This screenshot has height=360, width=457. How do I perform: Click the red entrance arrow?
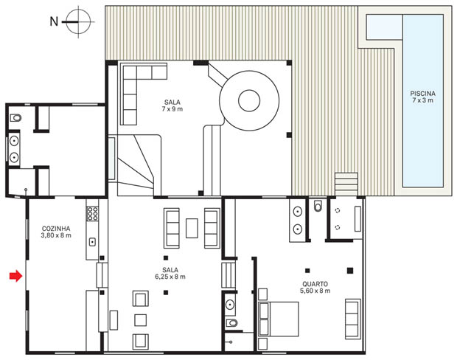[x=15, y=276]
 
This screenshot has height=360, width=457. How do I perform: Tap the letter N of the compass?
[x=55, y=21]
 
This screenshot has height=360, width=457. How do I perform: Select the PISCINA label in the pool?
[x=422, y=94]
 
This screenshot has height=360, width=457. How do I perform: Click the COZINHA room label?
[x=56, y=229]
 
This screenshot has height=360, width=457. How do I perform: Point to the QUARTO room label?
[x=315, y=284]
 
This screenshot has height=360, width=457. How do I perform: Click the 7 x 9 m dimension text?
[x=172, y=109]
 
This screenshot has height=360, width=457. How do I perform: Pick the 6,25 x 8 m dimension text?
[x=170, y=277]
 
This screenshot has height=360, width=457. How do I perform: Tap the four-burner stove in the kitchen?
[x=93, y=213]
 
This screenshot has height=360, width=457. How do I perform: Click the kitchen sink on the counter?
[x=92, y=242]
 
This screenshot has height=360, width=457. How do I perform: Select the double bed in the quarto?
[x=279, y=319]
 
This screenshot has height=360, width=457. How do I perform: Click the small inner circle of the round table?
[x=249, y=100]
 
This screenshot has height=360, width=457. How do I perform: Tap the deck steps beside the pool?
[x=346, y=184]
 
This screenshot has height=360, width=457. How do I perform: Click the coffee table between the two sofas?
[x=192, y=228]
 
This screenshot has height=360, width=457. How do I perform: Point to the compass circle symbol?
[x=78, y=21]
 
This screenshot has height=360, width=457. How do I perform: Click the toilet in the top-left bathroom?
[x=15, y=118]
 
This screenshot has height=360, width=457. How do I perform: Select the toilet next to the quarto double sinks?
[x=318, y=206]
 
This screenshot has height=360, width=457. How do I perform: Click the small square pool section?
[x=385, y=27]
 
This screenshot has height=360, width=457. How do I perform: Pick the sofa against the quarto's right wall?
[x=352, y=319]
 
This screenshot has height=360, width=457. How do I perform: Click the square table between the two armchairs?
[x=141, y=320]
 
